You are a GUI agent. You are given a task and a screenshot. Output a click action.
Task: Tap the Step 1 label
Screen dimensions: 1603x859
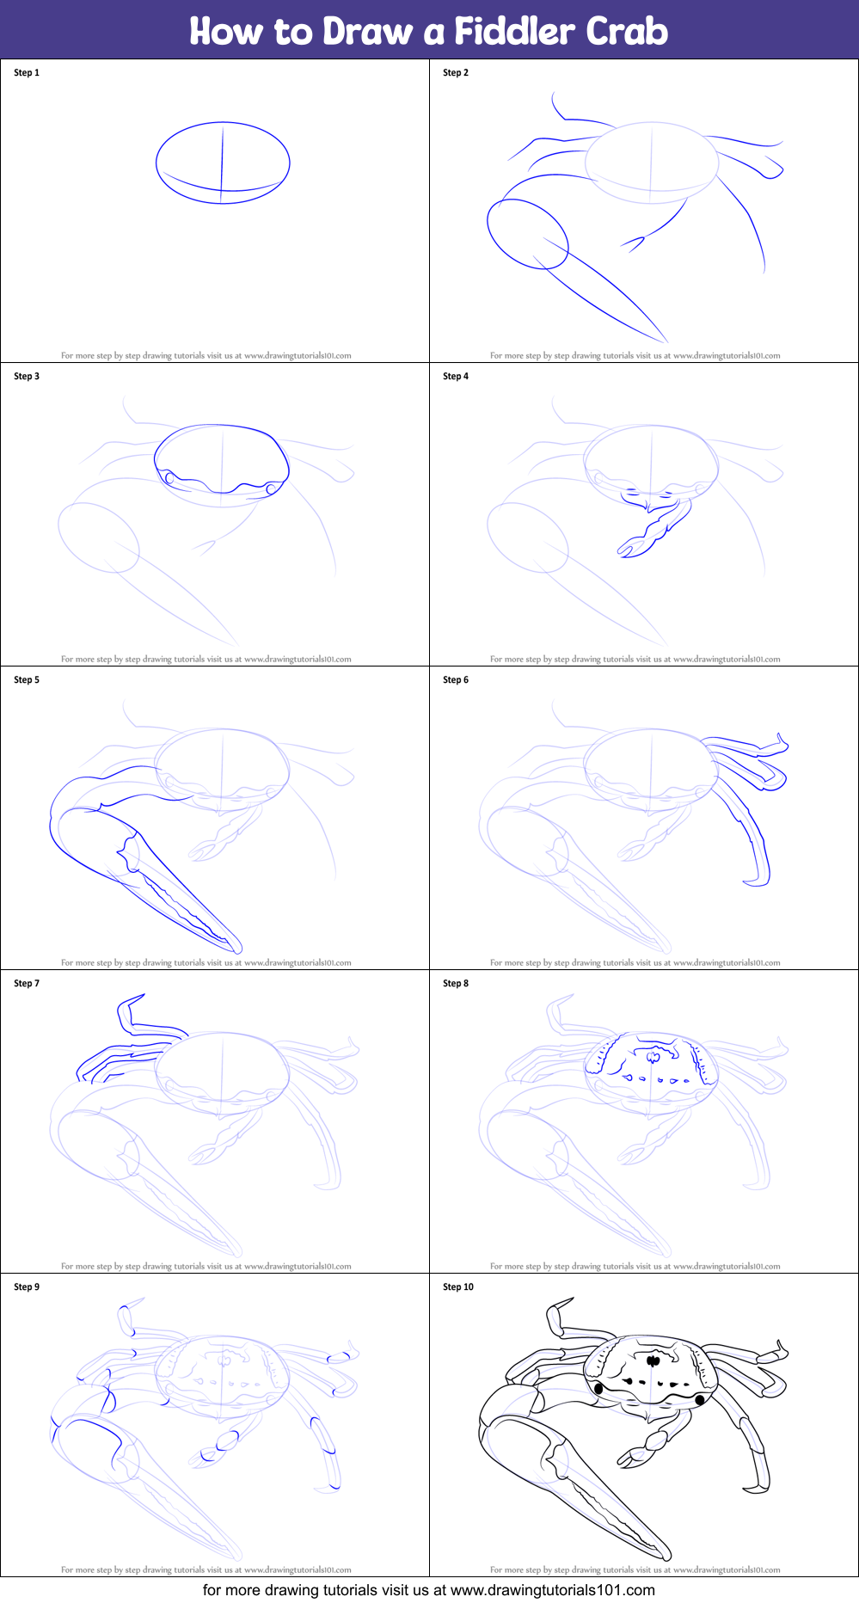[27, 73]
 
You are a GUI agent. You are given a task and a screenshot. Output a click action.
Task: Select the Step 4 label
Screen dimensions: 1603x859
[456, 377]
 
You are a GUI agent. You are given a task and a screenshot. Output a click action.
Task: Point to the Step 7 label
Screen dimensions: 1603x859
[27, 984]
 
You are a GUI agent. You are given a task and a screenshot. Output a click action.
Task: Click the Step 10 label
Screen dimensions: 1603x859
[458, 1287]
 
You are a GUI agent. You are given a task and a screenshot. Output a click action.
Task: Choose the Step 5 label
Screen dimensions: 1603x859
[27, 680]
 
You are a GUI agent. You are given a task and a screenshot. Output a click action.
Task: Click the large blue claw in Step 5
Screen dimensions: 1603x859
[129, 869]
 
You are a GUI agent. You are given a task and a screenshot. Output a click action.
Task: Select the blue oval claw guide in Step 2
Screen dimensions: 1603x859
[527, 234]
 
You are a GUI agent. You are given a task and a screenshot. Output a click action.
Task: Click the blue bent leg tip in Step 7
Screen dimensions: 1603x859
[129, 1015]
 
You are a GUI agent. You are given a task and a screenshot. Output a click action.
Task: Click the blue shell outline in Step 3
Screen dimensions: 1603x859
[221, 427]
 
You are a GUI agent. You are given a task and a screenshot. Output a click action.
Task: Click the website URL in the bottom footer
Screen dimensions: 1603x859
[552, 1590]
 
